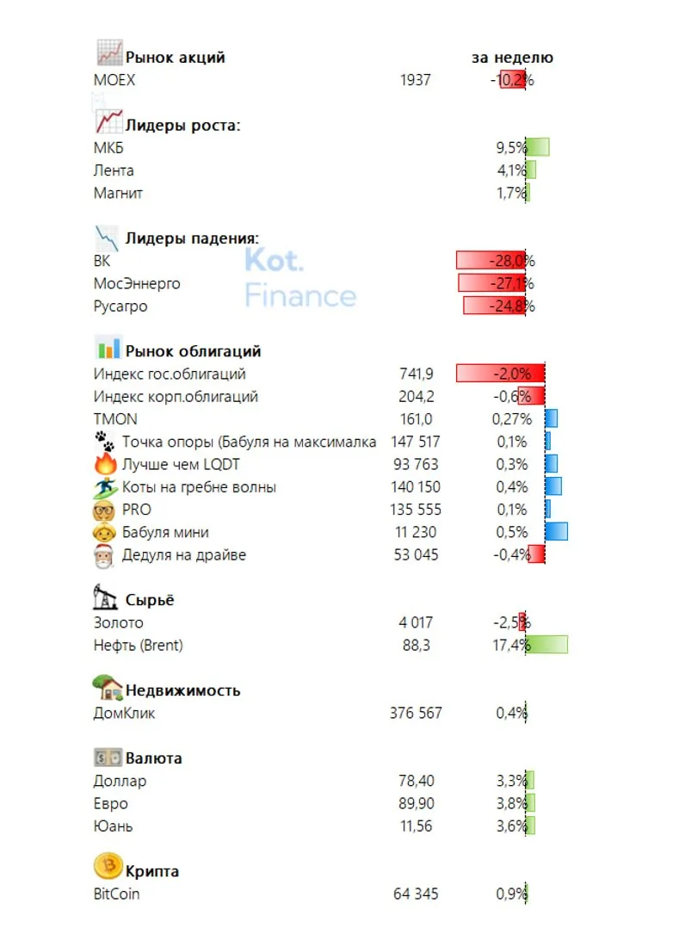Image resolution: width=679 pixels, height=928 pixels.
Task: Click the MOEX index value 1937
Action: [415, 80]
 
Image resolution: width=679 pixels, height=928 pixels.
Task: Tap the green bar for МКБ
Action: [538, 146]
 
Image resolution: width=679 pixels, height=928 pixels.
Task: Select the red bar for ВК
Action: [491, 260]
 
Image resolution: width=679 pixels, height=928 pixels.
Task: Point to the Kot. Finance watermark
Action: [300, 277]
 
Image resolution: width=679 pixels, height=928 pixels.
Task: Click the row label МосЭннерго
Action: [137, 283]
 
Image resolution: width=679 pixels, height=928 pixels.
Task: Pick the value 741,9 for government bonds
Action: [416, 374]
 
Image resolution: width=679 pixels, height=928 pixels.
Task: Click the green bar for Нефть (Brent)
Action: [546, 645]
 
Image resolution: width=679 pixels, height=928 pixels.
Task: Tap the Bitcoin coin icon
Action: [108, 866]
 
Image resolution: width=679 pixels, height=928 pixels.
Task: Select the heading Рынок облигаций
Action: [193, 351]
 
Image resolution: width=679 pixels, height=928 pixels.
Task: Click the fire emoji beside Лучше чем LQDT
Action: [105, 463]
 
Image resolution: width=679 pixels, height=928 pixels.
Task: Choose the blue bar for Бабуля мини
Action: [556, 531]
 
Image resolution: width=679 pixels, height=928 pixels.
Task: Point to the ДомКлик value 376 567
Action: [416, 713]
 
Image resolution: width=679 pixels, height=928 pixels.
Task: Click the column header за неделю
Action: [512, 58]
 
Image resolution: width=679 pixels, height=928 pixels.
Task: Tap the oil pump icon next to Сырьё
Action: [105, 597]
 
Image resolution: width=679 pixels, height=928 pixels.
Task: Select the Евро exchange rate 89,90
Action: [416, 804]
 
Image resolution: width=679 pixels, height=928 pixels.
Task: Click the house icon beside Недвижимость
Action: [107, 688]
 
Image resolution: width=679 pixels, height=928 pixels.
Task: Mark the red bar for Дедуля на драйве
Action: [536, 554]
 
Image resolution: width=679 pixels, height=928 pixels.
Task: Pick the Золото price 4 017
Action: [416, 622]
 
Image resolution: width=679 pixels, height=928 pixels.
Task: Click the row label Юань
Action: [113, 826]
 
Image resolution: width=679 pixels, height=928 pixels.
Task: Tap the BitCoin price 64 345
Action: [416, 894]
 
